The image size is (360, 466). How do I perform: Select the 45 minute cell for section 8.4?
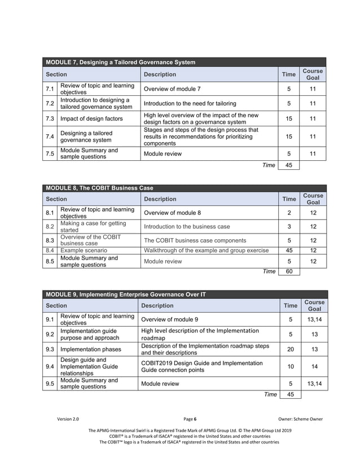[x=289, y=250]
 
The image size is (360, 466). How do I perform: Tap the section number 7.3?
[x=50, y=119]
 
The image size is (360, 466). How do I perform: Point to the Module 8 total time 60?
[x=289, y=271]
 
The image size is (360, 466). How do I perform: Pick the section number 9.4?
[x=50, y=367]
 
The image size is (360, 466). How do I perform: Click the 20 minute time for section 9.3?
[x=290, y=349]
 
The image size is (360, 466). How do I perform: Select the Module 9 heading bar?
[x=129, y=294]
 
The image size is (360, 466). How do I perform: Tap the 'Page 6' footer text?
[x=190, y=419]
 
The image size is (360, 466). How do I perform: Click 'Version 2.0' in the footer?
[x=68, y=419]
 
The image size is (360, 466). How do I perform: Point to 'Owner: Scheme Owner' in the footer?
[x=301, y=419]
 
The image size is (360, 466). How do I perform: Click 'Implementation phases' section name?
[x=91, y=349]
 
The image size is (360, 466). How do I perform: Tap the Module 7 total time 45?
[x=289, y=165]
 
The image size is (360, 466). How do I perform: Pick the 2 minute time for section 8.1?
[x=289, y=213]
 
